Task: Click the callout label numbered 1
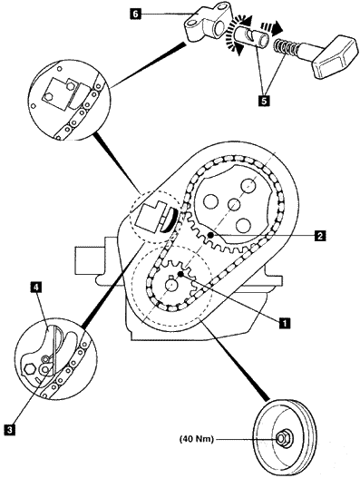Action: pos(285,322)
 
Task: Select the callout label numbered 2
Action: pos(320,235)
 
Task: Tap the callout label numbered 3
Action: pos(9,429)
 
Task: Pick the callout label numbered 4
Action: pos(36,288)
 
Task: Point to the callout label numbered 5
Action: pos(264,101)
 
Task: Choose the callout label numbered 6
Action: pos(136,14)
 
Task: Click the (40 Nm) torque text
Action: pos(197,439)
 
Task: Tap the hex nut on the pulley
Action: pos(281,439)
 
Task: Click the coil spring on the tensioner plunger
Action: pos(286,47)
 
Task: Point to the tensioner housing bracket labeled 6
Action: pos(209,22)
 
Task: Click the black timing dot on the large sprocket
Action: pos(210,235)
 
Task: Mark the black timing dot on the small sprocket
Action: pos(180,274)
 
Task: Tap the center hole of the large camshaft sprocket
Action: pos(235,205)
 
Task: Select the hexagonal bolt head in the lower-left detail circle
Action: pos(29,368)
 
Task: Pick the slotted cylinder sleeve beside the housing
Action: pos(253,36)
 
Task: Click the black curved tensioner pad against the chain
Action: pos(170,220)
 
